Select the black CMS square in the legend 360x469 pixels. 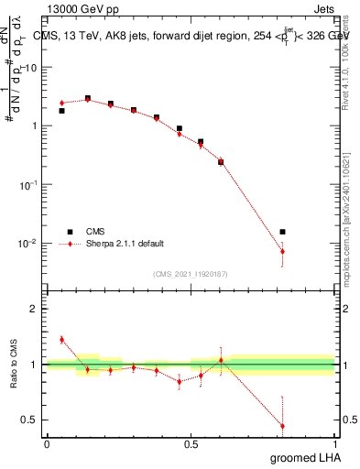coord(67,232)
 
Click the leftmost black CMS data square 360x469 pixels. coord(61,111)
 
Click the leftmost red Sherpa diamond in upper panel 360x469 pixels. coord(61,103)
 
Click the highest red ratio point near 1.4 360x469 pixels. coord(61,339)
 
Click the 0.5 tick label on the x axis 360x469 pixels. coord(191,444)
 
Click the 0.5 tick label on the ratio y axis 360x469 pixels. coord(32,420)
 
